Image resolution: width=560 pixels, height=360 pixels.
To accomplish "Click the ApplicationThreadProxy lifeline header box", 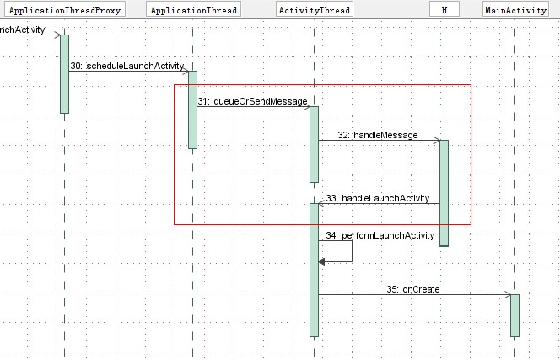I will pyautogui.click(x=64, y=11).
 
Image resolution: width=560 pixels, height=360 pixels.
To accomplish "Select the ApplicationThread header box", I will pyautogui.click(x=192, y=11).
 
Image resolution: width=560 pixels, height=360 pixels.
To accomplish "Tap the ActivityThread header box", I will pyautogui.click(x=314, y=11).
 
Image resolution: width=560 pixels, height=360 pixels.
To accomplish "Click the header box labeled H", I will pyautogui.click(x=444, y=11).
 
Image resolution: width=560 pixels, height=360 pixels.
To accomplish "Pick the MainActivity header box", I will pyautogui.click(x=515, y=11).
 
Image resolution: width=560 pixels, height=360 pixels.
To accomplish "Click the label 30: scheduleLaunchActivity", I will pyautogui.click(x=127, y=66).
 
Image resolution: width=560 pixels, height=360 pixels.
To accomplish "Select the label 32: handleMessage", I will pyautogui.click(x=377, y=135).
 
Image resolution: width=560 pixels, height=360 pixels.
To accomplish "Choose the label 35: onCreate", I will pyautogui.click(x=413, y=289).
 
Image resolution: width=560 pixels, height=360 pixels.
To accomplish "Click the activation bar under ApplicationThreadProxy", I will pyautogui.click(x=64, y=74).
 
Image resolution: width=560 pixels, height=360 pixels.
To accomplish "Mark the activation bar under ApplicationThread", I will pyautogui.click(x=192, y=110).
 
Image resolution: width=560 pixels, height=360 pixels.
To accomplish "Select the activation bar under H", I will pyautogui.click(x=444, y=192).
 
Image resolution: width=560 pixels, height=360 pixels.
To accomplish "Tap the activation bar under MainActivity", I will pyautogui.click(x=514, y=314).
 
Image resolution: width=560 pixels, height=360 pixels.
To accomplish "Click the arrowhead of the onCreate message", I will pyautogui.click(x=507, y=295).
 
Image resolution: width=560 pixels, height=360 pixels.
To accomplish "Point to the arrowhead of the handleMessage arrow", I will pyautogui.click(x=436, y=141).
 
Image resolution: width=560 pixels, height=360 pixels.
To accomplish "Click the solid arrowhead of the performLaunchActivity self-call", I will pyautogui.click(x=322, y=261).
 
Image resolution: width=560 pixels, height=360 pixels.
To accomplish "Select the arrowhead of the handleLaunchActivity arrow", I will pyautogui.click(x=322, y=203).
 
